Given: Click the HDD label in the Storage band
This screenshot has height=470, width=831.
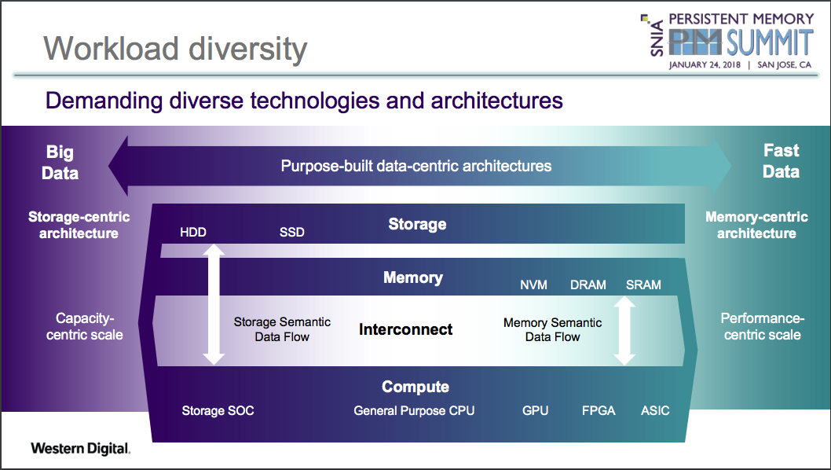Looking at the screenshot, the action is point(193,232).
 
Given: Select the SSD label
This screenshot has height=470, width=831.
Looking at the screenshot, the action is point(292,232).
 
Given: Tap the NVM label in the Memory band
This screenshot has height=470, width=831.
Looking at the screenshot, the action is point(533,285).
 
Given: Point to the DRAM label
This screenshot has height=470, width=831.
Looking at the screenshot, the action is point(588,285).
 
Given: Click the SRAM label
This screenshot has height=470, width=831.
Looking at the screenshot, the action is point(643,285).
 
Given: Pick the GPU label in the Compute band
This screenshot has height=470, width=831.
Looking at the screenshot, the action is point(535,410).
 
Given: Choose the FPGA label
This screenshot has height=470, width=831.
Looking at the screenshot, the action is point(599,410).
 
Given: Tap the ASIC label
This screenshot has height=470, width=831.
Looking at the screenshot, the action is point(655,410).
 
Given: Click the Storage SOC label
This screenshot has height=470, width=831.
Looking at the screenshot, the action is point(218,410).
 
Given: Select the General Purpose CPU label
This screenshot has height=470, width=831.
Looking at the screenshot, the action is point(414,410).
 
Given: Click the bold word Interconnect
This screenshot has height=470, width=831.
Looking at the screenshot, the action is point(405,329).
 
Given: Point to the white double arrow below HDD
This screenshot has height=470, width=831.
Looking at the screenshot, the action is point(214,304).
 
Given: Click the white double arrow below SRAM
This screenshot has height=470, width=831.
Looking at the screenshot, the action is point(624,330).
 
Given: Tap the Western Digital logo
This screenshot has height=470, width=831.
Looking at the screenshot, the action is point(81,449).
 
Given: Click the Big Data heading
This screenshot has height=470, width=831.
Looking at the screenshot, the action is point(60,163).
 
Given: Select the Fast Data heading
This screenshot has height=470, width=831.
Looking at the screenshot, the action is point(782,161).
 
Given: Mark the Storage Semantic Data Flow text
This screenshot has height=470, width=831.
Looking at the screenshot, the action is point(282,329).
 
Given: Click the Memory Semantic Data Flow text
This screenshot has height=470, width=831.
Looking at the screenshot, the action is point(553,329).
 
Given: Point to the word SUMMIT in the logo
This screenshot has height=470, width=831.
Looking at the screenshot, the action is point(770,42).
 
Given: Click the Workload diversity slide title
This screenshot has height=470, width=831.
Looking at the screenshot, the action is point(175,49).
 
